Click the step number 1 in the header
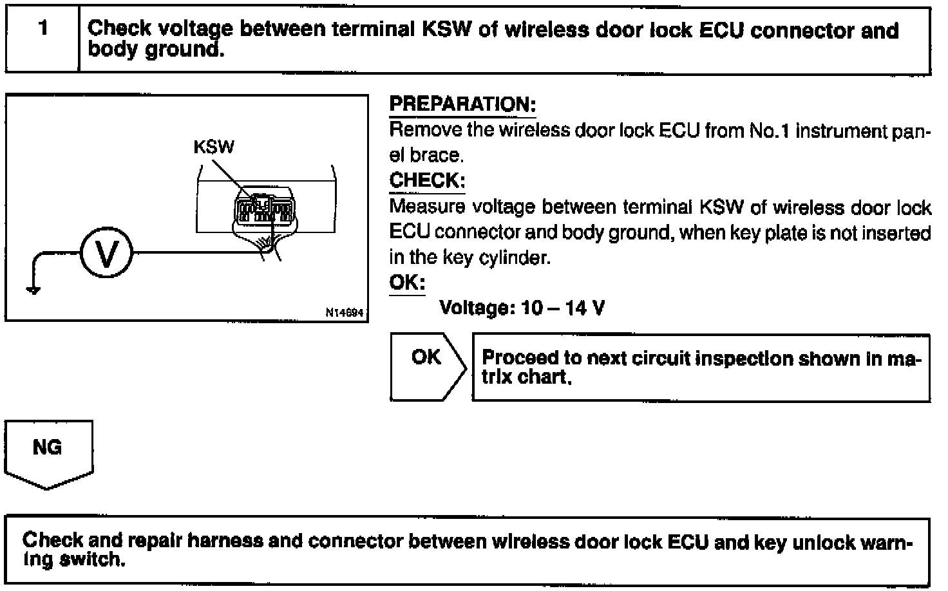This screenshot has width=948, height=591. (x=43, y=29)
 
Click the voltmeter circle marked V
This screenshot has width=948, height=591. (x=106, y=253)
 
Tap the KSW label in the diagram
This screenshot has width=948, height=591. (x=214, y=147)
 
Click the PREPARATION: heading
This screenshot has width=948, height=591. (x=462, y=104)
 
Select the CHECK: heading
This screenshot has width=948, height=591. (x=427, y=180)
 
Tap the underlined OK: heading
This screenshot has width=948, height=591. (x=407, y=283)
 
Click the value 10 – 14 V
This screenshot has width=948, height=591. (x=564, y=308)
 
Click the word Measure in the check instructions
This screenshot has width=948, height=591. (x=428, y=207)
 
